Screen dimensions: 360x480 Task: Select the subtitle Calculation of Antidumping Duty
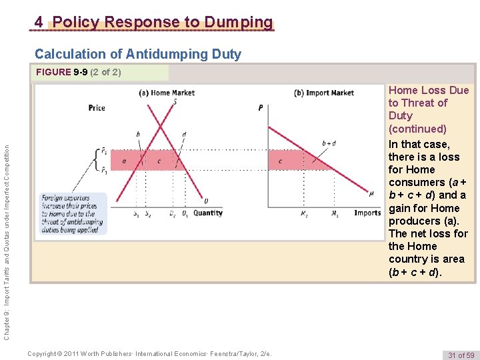point(138,54)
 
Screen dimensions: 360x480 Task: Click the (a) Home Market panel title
point(167,93)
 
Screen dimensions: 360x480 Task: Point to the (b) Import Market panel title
point(324,93)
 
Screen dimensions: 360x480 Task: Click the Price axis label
point(97,107)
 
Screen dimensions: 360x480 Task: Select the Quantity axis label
point(208,213)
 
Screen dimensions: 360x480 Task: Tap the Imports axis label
point(367,213)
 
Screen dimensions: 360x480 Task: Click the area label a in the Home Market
point(125,161)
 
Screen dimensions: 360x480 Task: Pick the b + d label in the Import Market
point(329,143)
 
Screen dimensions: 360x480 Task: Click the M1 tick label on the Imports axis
point(334,214)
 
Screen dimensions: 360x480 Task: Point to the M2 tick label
point(304,214)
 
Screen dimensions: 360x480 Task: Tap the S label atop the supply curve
point(175,101)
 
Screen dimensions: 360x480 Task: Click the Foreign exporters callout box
point(73,213)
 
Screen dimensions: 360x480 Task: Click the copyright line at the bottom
point(150,354)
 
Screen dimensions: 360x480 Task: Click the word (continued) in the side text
point(417,128)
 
